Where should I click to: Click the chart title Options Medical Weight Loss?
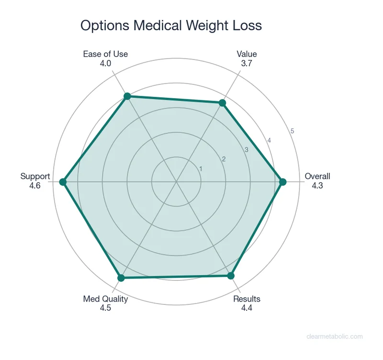coord(171,25)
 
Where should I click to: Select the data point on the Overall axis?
coord(282,182)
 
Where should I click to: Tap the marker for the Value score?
coord(222,103)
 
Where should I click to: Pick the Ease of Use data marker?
coord(127,97)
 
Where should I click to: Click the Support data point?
coord(62,182)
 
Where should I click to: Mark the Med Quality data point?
coord(121,278)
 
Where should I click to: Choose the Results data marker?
coord(231,275)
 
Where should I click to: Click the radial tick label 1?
coord(201,169)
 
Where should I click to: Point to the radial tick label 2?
coord(223,159)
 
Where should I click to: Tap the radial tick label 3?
coord(247,150)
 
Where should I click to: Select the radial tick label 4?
coord(269,140)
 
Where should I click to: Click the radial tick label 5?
coord(292,131)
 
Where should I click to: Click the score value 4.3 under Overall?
coord(317,185)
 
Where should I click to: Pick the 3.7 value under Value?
coord(247,63)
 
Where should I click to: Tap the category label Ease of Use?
coord(105,54)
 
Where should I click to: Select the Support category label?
coord(35,176)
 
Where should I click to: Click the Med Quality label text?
coord(105,299)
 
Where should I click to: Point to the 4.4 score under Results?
coord(247,308)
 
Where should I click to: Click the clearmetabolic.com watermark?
coord(334,337)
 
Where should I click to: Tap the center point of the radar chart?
coord(176,182)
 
